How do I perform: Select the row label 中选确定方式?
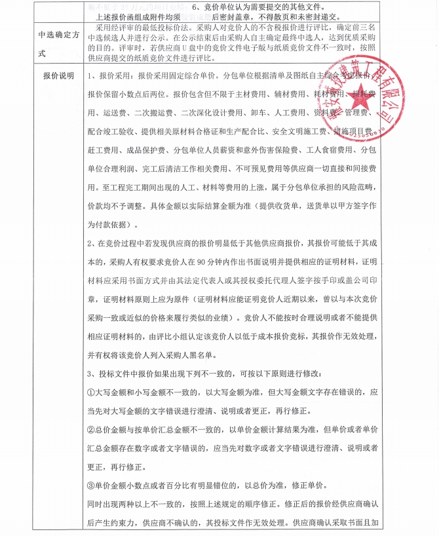57,40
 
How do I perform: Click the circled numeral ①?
91,392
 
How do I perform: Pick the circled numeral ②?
91,431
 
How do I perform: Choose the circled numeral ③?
91,486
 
